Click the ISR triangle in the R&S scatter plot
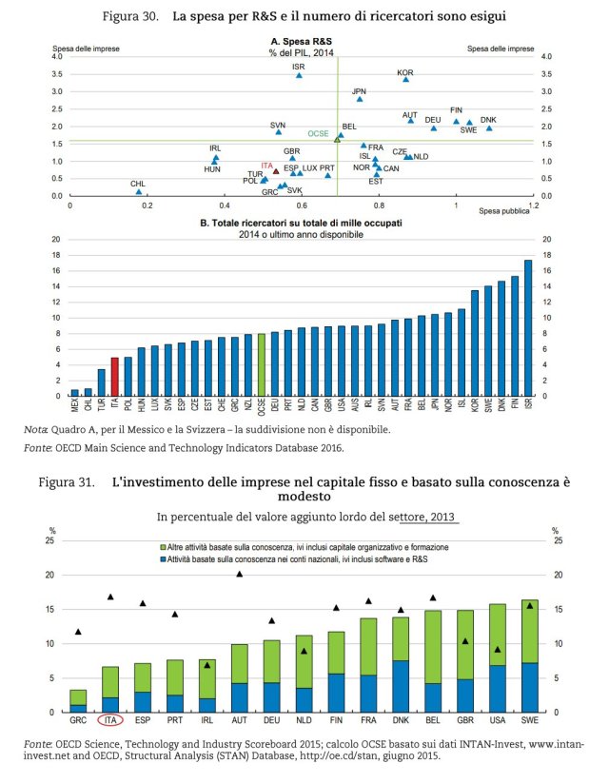pos(299,75)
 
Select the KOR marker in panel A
pos(405,80)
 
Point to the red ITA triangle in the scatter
pos(276,171)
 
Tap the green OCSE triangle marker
pos(337,139)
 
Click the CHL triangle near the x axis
pos(139,191)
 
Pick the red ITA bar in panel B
pos(114,377)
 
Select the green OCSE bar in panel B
pos(261,364)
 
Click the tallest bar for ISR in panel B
pos(528,327)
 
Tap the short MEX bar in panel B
pos(74,392)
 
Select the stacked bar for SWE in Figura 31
pos(529,656)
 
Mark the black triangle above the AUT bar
pos(240,574)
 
